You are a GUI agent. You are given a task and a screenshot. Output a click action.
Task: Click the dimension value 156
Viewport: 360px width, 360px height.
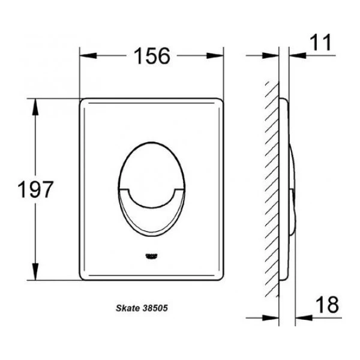click(152, 56)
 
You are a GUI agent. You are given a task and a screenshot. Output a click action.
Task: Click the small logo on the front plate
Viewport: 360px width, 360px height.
click(152, 256)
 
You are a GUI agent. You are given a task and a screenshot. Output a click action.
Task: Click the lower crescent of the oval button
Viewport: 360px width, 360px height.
click(152, 217)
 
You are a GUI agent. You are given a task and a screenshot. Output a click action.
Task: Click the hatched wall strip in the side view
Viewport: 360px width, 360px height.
click(273, 192)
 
